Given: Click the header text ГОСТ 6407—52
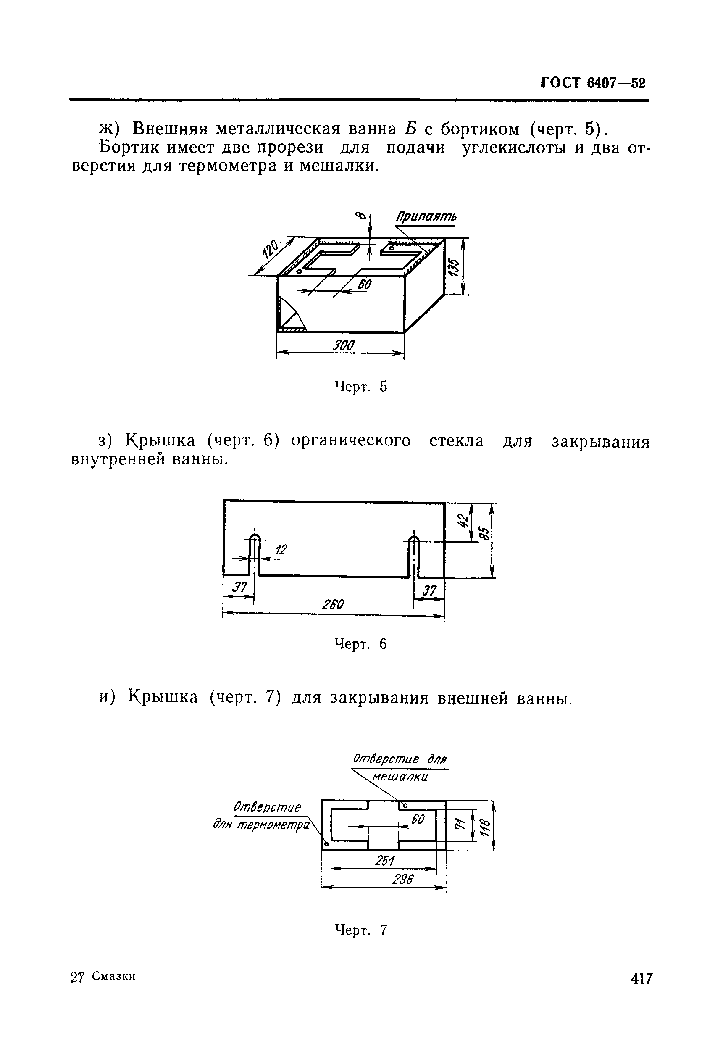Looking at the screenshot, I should (x=593, y=83).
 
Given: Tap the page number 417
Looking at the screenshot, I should (x=642, y=978).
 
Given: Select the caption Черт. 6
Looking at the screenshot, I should (x=361, y=644).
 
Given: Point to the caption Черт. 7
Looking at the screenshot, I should (x=361, y=930).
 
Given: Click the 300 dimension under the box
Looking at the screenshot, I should (x=343, y=345).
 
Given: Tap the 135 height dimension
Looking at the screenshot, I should (x=453, y=267).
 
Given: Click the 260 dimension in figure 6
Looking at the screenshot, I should (x=333, y=605).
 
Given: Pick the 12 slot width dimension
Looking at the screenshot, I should (x=281, y=550).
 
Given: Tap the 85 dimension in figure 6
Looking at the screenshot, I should (x=485, y=534).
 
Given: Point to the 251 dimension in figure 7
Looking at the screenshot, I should (x=384, y=861).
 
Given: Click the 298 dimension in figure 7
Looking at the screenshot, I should (x=402, y=879).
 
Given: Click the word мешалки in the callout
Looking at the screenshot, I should (x=400, y=777).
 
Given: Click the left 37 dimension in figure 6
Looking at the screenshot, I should (x=239, y=587).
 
